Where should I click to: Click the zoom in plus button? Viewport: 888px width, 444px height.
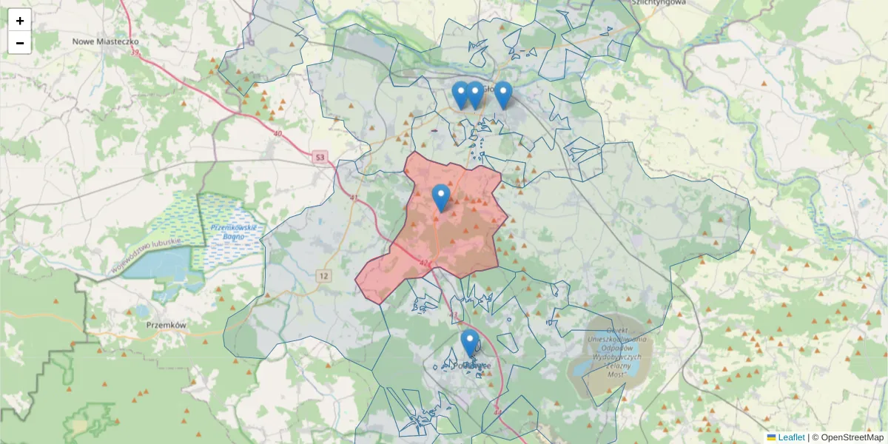[20, 21]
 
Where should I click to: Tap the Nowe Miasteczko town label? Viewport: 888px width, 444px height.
[106, 41]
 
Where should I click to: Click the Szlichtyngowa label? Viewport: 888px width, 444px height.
[659, 3]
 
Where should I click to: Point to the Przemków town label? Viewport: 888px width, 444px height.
[164, 325]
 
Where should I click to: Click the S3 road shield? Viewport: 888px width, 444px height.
[320, 157]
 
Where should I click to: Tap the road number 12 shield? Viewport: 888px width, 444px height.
[323, 276]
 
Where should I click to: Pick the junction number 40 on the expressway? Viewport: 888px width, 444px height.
[277, 133]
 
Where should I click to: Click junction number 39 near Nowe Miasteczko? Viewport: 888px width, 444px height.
[135, 53]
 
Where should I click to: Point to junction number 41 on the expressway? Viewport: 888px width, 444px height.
[353, 199]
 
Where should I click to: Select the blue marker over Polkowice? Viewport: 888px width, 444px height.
[469, 342]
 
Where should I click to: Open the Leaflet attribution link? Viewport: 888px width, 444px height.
[790, 437]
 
